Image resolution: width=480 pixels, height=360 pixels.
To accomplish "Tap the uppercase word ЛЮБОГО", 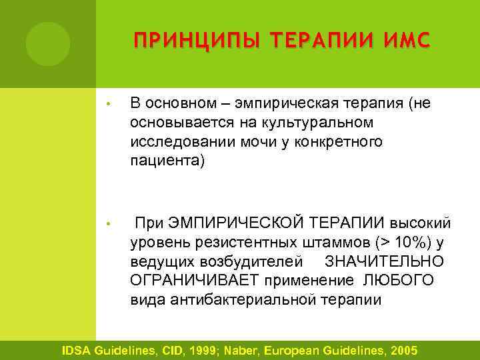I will (x=399, y=280).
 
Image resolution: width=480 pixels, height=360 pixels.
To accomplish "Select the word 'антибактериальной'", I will (x=237, y=299).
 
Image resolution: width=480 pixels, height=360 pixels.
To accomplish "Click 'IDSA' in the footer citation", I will (x=78, y=351).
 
